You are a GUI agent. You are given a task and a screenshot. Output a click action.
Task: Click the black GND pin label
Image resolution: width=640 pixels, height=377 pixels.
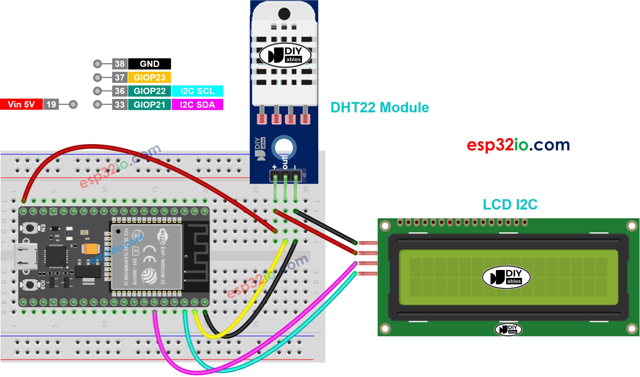(149, 64)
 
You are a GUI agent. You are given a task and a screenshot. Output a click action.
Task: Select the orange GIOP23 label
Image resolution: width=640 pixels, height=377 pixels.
(149, 77)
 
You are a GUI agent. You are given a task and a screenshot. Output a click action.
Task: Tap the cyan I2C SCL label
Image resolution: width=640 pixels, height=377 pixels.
(197, 91)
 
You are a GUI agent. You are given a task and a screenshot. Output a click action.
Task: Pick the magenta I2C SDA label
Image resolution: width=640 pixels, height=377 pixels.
(197, 105)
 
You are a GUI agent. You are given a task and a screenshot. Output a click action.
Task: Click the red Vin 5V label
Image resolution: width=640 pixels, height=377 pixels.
(21, 104)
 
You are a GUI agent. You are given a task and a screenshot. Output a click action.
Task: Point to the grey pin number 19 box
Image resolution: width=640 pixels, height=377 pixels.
(51, 104)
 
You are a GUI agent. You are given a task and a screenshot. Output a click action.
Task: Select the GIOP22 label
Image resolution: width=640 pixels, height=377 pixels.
(149, 91)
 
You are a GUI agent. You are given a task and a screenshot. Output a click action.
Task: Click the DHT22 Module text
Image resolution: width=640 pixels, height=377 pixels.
(379, 108)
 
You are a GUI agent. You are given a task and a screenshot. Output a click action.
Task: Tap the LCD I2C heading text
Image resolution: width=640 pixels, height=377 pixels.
(510, 205)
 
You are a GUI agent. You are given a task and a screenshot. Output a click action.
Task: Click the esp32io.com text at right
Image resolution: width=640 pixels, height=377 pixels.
(518, 145)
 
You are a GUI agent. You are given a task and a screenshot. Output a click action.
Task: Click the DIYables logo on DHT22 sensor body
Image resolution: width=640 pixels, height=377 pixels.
(285, 55)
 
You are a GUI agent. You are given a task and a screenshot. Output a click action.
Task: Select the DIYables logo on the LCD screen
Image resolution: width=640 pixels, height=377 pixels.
(506, 277)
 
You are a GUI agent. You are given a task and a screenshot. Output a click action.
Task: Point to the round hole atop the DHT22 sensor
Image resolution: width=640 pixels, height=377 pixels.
(284, 13)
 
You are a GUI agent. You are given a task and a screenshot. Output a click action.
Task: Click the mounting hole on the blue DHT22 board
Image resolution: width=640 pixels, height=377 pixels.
(284, 147)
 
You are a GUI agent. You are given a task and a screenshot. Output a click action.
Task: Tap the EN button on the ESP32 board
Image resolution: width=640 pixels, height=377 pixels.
(30, 228)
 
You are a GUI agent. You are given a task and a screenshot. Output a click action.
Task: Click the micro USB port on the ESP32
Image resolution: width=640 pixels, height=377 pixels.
(26, 256)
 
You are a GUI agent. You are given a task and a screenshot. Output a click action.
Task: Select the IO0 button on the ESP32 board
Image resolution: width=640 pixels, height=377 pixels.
(30, 285)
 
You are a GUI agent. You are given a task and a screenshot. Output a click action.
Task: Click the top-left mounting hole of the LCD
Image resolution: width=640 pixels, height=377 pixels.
(385, 226)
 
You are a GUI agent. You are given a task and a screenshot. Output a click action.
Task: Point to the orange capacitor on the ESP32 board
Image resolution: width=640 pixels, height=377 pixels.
(91, 249)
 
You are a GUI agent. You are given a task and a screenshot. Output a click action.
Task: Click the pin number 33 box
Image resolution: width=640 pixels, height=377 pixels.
(120, 105)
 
